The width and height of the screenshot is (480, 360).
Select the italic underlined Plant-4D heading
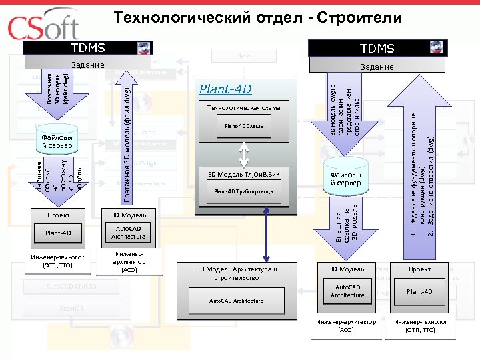[226, 89]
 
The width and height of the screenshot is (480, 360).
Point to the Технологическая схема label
[243, 107]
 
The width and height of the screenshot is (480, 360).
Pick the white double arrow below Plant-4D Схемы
[244, 152]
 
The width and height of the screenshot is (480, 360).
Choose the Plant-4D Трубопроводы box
[243, 192]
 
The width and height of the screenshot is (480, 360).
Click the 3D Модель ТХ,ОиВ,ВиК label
[243, 175]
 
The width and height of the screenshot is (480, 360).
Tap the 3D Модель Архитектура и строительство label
[237, 273]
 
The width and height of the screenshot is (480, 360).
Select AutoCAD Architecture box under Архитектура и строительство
[237, 301]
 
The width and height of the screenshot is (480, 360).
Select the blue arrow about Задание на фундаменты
[422, 167]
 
